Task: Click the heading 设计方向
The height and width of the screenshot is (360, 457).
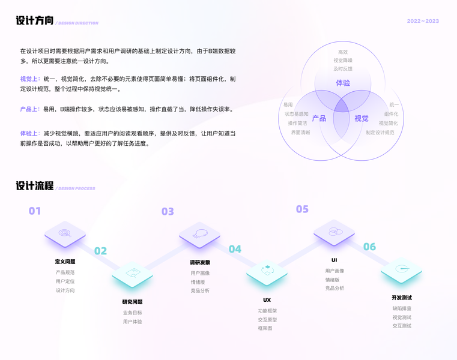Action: pyautogui.click(x=35, y=21)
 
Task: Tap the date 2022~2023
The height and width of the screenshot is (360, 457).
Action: pyautogui.click(x=423, y=21)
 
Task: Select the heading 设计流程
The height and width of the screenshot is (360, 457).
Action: pyautogui.click(x=35, y=186)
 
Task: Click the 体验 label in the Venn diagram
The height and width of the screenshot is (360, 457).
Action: pyautogui.click(x=343, y=83)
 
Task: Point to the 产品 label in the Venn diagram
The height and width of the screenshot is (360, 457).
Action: pyautogui.click(x=319, y=118)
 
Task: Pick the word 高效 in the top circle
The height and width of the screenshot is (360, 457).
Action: pyautogui.click(x=343, y=52)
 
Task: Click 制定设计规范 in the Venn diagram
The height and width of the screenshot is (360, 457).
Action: pyautogui.click(x=380, y=133)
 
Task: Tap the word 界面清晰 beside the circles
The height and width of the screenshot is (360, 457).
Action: pyautogui.click(x=300, y=133)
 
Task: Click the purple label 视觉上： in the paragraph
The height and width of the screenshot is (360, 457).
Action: pyautogui.click(x=30, y=79)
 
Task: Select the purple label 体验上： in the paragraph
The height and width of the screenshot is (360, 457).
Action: pyautogui.click(x=30, y=133)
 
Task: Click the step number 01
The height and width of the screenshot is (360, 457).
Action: pyautogui.click(x=35, y=211)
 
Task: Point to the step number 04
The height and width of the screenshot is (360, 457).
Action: pyautogui.click(x=235, y=249)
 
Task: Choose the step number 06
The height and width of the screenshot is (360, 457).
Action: pyautogui.click(x=369, y=247)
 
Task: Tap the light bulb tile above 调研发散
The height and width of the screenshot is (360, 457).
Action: pyautogui.click(x=200, y=233)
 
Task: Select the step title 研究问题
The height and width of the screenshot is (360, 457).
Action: pyautogui.click(x=133, y=302)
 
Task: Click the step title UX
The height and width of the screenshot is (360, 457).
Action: pyautogui.click(x=267, y=300)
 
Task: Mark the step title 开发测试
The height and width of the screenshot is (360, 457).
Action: pyautogui.click(x=402, y=298)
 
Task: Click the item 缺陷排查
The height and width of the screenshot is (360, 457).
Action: pyautogui.click(x=402, y=309)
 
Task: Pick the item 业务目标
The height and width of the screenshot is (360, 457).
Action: pyautogui.click(x=133, y=313)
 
